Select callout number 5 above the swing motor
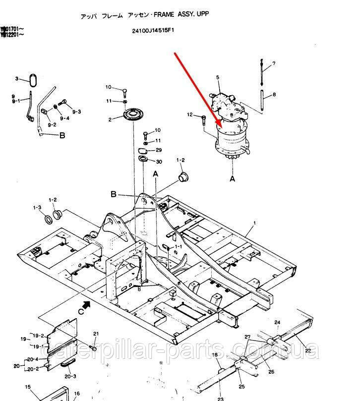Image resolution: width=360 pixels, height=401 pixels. tap(218, 77)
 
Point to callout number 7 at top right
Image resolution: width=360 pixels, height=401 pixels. tap(274, 64)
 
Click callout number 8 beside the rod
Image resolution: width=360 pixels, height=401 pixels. tap(274, 94)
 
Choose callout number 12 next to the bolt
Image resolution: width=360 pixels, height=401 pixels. tap(190, 115)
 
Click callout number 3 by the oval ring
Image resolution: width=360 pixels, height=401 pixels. tap(16, 79)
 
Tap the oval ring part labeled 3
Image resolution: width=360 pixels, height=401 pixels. tap(33, 80)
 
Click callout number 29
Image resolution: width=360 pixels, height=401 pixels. tap(159, 150)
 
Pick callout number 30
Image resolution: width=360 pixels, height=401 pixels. tap(159, 162)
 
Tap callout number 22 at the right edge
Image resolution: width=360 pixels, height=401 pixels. tap(308, 350)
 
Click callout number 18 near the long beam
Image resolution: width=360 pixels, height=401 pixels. tap(215, 355)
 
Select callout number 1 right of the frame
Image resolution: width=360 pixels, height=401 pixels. tap(255, 224)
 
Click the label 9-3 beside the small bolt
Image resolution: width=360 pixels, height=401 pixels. tap(76, 112)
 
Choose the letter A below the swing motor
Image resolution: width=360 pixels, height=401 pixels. tap(232, 176)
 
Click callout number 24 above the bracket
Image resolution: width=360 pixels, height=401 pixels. tap(277, 322)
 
